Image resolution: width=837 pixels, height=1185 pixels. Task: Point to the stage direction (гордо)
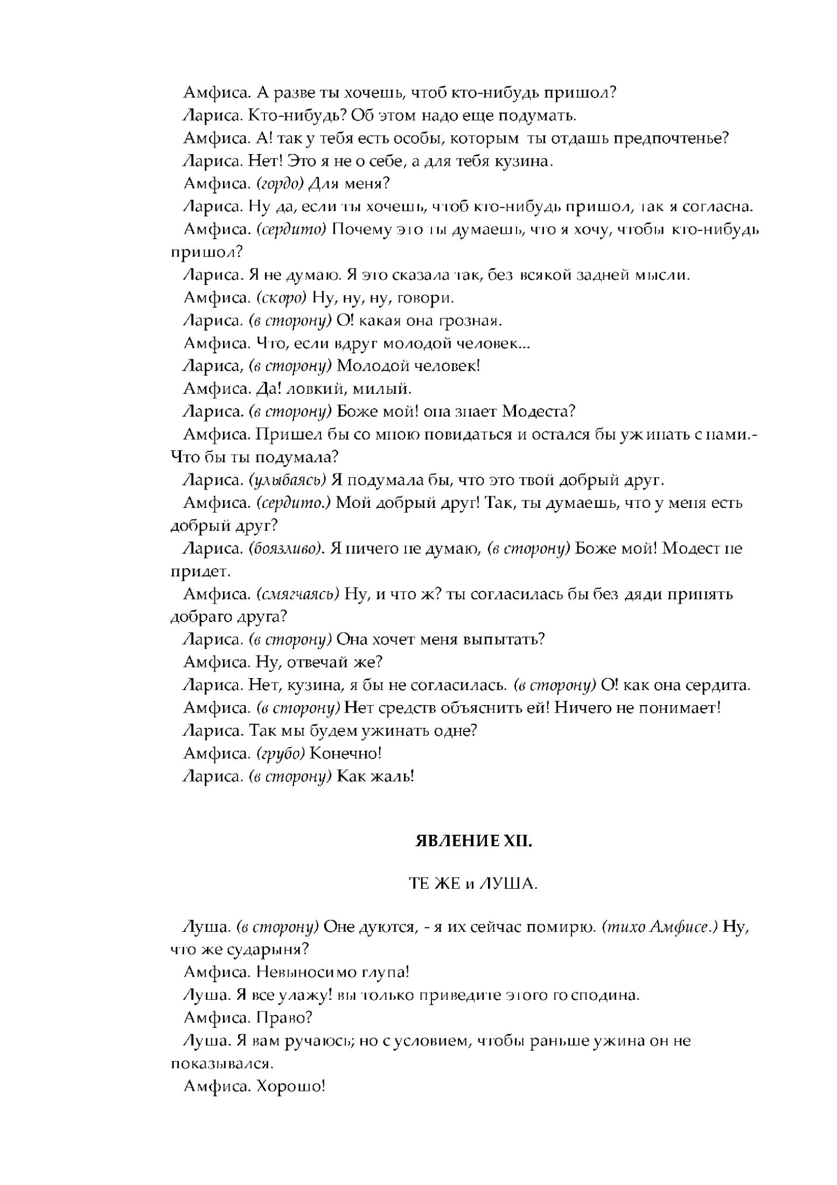(x=280, y=184)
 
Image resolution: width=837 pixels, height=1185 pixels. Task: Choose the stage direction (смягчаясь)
(x=297, y=594)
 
